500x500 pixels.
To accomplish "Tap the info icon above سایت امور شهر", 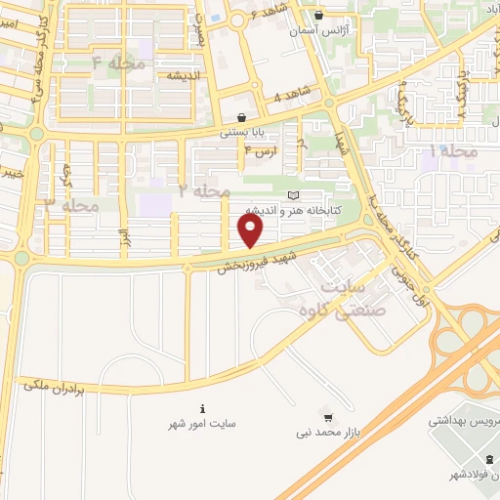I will coord(202,408).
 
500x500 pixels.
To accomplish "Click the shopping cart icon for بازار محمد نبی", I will coord(327,415).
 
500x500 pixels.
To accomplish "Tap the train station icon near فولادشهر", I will coord(489,460).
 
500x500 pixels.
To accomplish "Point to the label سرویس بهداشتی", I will coord(466,425).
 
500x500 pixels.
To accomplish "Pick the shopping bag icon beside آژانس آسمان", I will coord(319,16).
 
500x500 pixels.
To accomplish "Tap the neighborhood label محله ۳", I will coord(72,205).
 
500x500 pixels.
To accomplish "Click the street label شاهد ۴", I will coord(290,97).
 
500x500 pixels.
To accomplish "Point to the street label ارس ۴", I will coord(261,152).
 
